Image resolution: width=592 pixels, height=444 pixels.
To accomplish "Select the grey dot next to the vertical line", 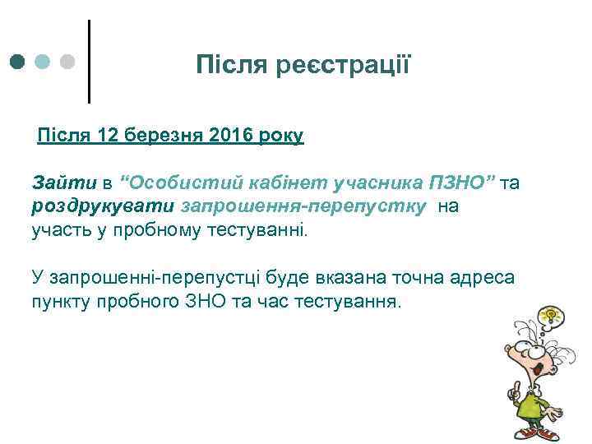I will (68, 62).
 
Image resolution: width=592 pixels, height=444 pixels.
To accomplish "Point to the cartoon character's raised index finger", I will (516, 386).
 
